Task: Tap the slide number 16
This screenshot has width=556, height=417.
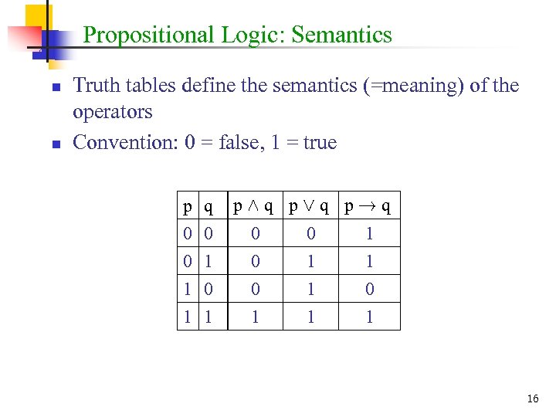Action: (533, 398)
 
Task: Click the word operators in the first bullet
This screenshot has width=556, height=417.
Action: (112, 112)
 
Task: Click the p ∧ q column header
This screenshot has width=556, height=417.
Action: (255, 206)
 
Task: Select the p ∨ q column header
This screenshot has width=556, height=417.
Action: (310, 206)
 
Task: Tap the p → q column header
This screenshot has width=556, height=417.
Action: (369, 206)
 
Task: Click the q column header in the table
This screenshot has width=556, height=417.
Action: (208, 206)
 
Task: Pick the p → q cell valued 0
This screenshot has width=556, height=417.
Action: (369, 290)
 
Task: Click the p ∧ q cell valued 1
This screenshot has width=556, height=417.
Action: (255, 317)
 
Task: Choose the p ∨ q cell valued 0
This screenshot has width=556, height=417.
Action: (310, 234)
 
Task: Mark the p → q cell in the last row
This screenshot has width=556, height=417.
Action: (369, 317)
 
